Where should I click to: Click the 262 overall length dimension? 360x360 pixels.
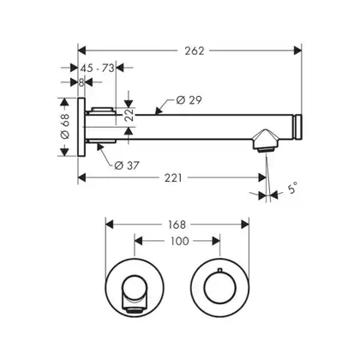195,51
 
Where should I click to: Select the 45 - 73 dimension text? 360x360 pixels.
97,68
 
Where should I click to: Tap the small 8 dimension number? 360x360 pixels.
81,82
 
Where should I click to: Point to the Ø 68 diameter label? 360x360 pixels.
65,126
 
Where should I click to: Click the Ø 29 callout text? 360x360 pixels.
189,100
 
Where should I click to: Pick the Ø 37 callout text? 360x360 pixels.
127,165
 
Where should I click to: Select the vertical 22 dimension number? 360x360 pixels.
130,115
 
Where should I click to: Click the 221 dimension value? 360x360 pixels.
173,178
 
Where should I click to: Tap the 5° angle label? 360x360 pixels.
292,189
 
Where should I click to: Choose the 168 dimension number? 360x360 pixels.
177,225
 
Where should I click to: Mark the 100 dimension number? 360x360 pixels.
180,241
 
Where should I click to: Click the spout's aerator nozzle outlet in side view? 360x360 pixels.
266,150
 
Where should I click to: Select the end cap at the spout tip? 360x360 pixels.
298,127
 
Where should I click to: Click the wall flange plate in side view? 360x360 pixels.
81,127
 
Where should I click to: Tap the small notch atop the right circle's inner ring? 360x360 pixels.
219,269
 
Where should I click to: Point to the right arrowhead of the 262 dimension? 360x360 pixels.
298,51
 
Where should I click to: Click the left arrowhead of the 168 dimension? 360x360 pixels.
110,225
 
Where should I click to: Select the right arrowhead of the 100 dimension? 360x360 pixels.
216,241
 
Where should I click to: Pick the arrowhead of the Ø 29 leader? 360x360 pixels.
158,111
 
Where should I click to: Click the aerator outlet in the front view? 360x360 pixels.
134,310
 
